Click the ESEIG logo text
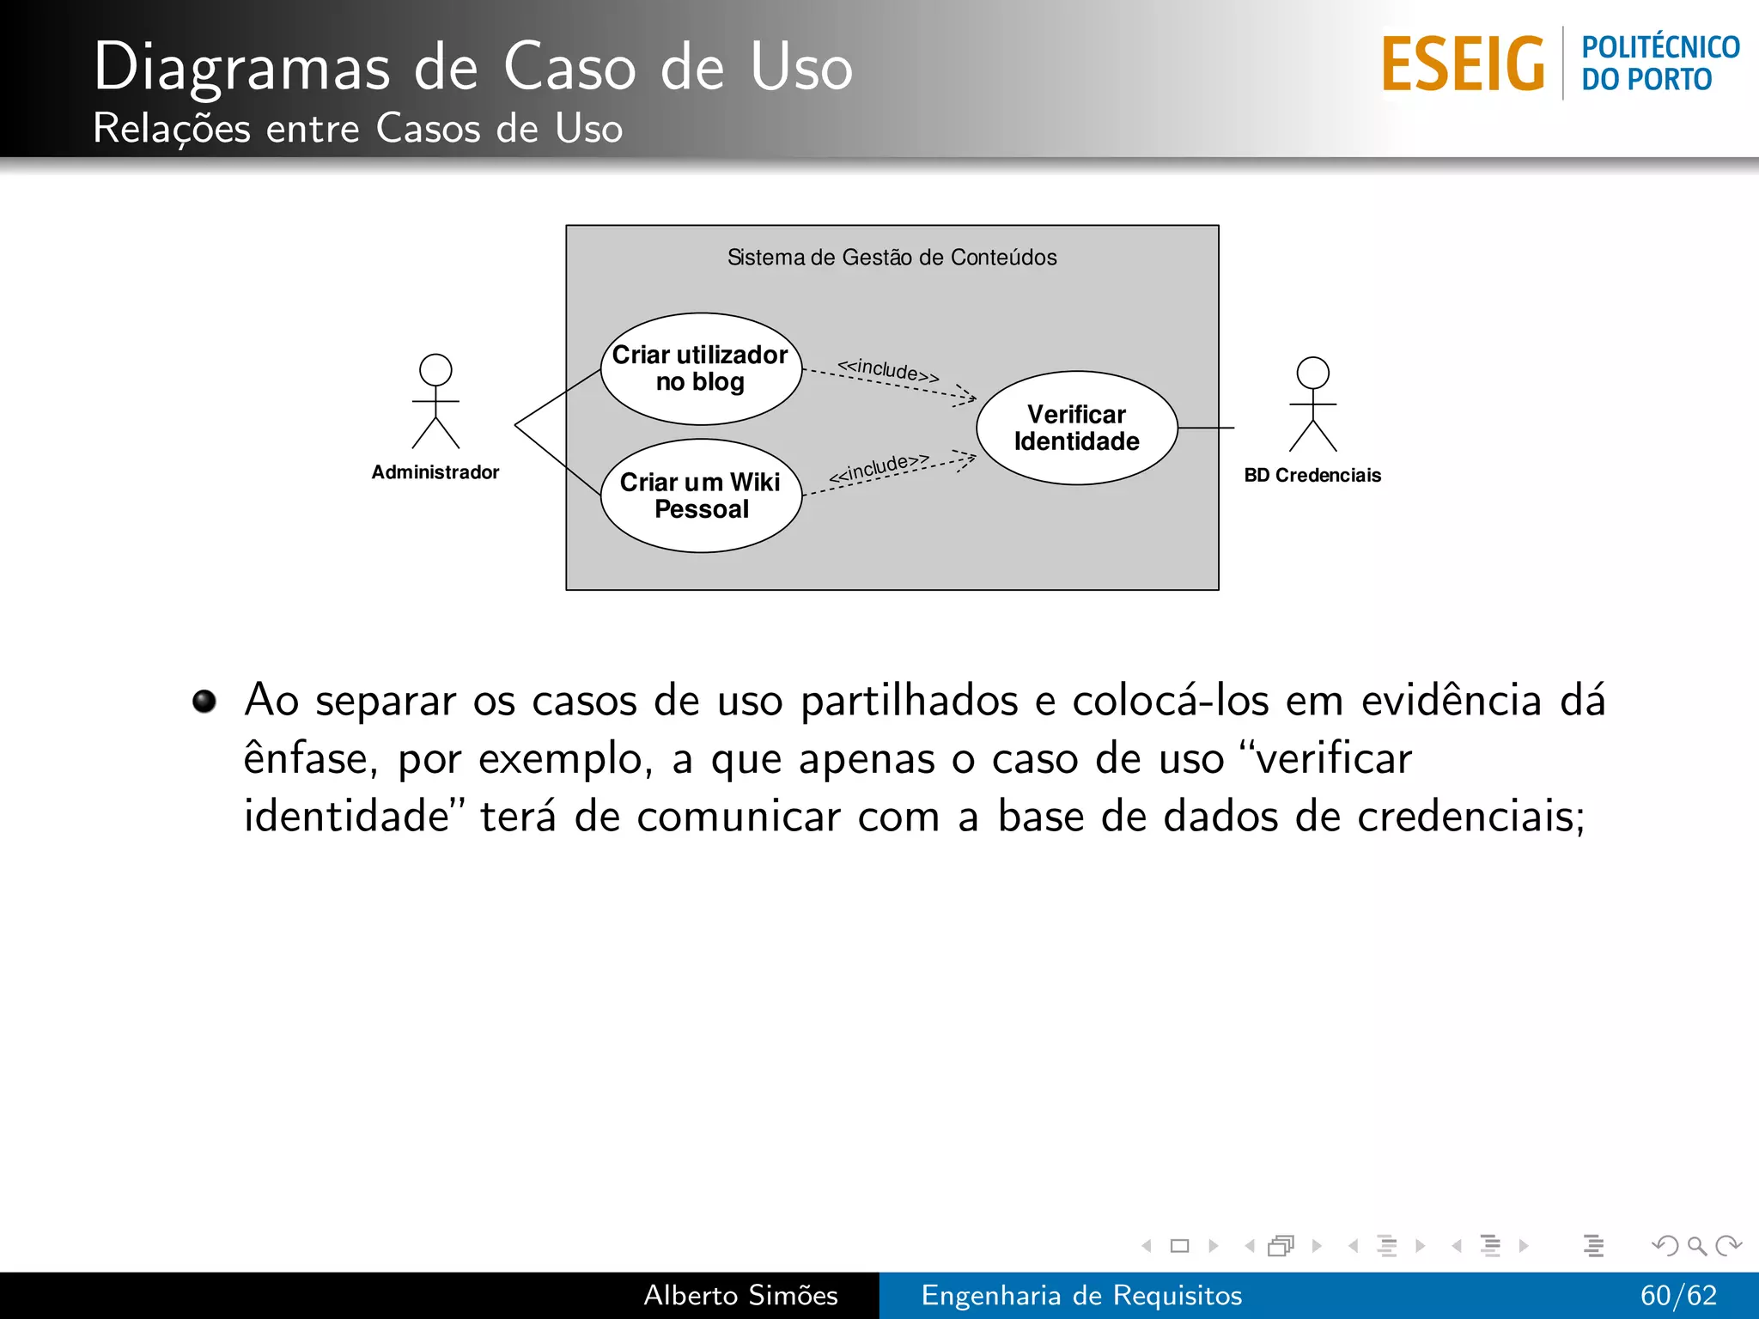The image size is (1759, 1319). click(x=1463, y=64)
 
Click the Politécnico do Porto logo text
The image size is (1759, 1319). click(x=1659, y=64)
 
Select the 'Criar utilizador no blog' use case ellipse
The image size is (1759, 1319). click(x=701, y=368)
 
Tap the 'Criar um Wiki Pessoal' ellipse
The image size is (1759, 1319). click(x=701, y=495)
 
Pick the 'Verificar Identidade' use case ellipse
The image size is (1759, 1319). click(x=1076, y=428)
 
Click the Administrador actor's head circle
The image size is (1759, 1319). click(x=435, y=370)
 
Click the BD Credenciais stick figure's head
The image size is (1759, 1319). click(x=1312, y=373)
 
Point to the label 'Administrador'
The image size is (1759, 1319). click(x=435, y=472)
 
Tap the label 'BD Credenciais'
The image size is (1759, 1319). click(x=1312, y=475)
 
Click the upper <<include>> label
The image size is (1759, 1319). click(x=888, y=370)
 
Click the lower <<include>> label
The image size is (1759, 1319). click(x=879, y=468)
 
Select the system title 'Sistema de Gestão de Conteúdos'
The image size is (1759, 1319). click(x=892, y=258)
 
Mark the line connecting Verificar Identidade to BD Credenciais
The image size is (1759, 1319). click(x=1206, y=428)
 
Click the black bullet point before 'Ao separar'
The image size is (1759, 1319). click(x=204, y=701)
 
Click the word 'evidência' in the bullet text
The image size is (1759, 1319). click(x=1452, y=700)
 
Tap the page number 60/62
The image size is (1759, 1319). click(x=1677, y=1295)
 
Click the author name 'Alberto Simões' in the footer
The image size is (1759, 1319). click(x=740, y=1295)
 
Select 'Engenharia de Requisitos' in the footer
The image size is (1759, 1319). click(x=1081, y=1295)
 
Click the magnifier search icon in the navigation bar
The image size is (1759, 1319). click(x=1696, y=1245)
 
